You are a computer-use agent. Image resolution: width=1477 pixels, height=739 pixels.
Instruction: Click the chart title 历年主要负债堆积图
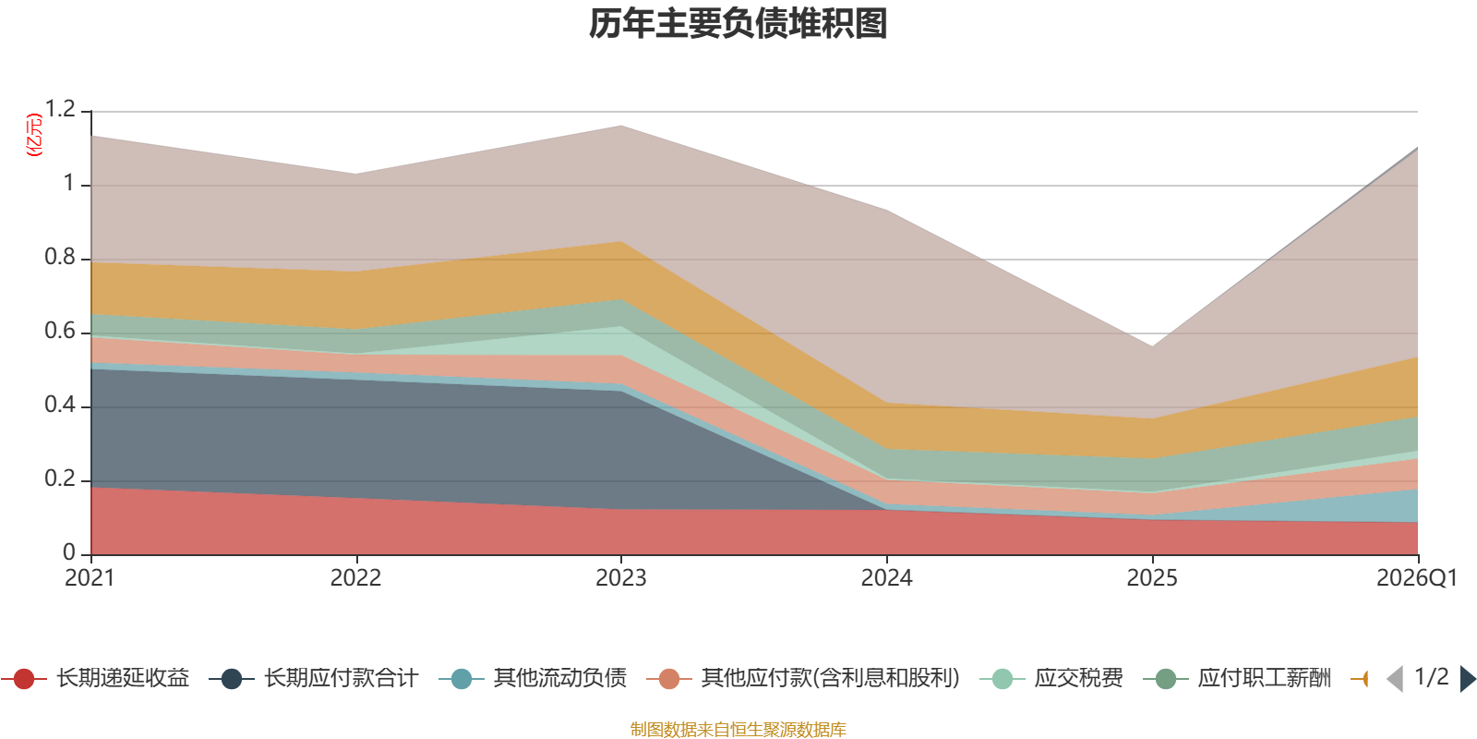pyautogui.click(x=738, y=24)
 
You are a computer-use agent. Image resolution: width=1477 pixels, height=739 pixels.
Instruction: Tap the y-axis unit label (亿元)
pyautogui.click(x=34, y=135)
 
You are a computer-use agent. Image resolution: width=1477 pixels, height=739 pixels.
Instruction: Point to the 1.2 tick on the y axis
pyautogui.click(x=60, y=110)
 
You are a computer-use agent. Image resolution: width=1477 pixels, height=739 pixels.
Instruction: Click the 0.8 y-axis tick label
pyautogui.click(x=60, y=258)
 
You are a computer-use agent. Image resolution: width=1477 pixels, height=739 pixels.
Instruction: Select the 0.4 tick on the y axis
pyautogui.click(x=60, y=406)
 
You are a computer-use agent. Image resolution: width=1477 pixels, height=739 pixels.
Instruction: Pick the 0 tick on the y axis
pyautogui.click(x=69, y=552)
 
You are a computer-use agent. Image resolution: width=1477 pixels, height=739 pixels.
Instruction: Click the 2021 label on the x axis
pyautogui.click(x=90, y=578)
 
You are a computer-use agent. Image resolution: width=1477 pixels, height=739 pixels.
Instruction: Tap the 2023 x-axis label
pyautogui.click(x=620, y=578)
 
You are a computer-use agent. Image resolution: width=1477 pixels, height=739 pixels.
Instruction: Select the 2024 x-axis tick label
pyautogui.click(x=886, y=578)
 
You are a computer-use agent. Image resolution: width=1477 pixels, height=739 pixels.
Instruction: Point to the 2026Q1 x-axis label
pyautogui.click(x=1416, y=578)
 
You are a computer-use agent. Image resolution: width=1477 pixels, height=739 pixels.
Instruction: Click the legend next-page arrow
pyautogui.click(x=1468, y=679)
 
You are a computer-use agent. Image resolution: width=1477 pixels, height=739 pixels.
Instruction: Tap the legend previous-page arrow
pyautogui.click(x=1395, y=679)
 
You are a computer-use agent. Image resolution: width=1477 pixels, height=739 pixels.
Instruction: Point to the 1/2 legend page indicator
pyautogui.click(x=1431, y=677)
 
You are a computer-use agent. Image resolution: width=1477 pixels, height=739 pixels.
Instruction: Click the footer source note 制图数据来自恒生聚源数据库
pyautogui.click(x=738, y=730)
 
